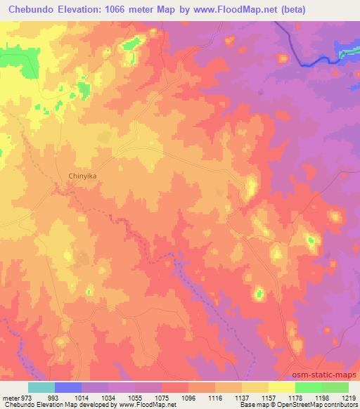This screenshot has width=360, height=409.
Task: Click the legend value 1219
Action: click(349, 398)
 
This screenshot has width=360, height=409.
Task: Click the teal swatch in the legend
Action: click(41, 387)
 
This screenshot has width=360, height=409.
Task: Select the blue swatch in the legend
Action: click(68, 387)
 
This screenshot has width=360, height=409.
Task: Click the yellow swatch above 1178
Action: click(281, 387)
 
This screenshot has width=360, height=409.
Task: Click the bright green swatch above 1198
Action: click(308, 387)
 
